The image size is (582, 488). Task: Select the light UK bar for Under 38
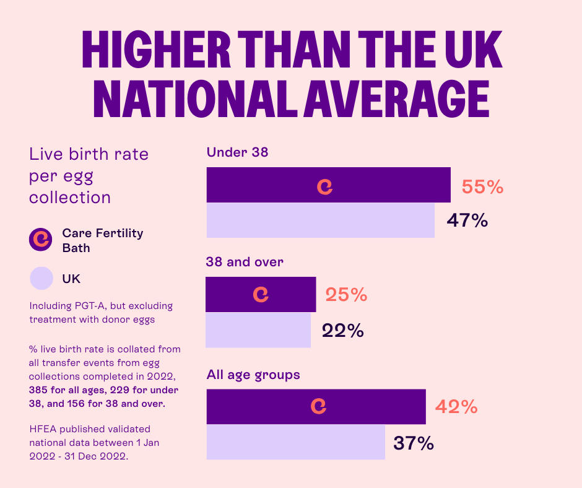[320, 220]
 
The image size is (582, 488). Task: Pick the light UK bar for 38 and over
[258, 330]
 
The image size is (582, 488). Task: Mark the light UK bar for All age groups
[295, 442]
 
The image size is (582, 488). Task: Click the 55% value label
[482, 187]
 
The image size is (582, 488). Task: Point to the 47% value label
[467, 220]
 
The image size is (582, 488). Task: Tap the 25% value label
[346, 295]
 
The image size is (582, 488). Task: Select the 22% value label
[342, 331]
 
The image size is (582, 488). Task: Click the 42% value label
[456, 407]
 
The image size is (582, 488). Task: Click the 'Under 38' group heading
[237, 152]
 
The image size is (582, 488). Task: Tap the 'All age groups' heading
[253, 375]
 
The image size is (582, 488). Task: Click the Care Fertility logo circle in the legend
[41, 240]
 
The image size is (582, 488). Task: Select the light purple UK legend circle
[41, 278]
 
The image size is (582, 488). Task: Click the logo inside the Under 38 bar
[325, 186]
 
